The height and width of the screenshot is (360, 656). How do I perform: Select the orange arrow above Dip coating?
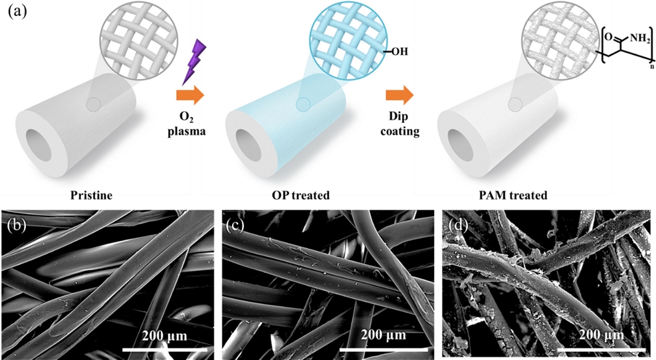pyautogui.click(x=399, y=96)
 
